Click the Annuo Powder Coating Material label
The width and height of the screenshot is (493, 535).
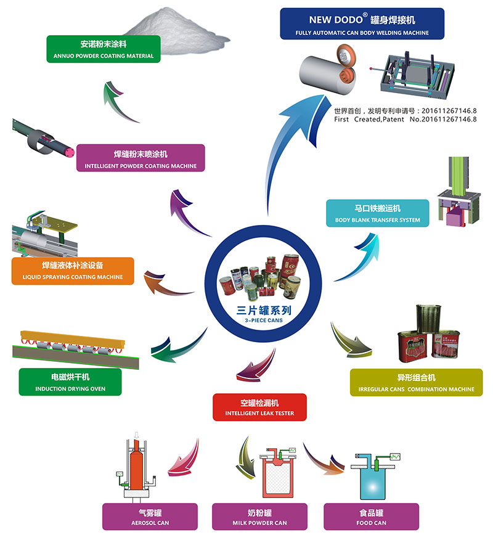(104, 49)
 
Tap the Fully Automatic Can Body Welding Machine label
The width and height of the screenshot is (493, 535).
(362, 24)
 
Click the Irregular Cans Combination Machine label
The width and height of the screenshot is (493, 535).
(416, 382)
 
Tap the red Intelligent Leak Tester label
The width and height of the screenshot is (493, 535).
(259, 407)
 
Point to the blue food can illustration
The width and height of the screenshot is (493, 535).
(369, 478)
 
